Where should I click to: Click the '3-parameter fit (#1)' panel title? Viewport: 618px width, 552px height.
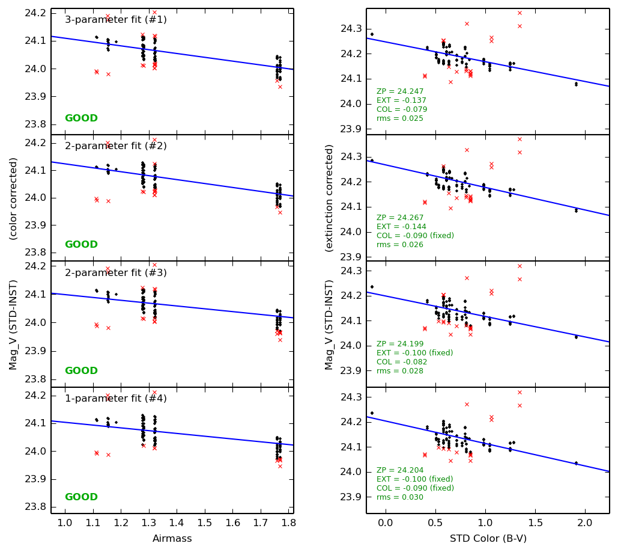pos(116,20)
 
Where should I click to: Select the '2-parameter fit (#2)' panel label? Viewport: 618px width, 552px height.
pos(116,146)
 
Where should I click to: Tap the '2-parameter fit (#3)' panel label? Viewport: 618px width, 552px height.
pos(116,273)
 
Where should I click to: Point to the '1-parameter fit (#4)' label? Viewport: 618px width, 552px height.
pos(116,399)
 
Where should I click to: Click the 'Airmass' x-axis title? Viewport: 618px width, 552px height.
pos(172,539)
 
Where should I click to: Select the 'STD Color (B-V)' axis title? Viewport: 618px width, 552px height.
pos(488,539)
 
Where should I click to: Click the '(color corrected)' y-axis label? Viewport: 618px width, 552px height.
pos(14,198)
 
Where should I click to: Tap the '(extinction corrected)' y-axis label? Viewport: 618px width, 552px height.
pos(329,198)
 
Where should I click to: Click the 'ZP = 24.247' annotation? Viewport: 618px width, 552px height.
pos(400,92)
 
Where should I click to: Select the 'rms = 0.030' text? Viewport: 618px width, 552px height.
pos(400,497)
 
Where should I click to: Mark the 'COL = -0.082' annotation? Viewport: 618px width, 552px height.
pos(402,362)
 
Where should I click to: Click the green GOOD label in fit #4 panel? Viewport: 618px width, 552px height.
pos(81,497)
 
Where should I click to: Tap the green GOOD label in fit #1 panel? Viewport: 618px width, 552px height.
pos(81,118)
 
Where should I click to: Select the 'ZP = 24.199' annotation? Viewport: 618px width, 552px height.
pos(400,344)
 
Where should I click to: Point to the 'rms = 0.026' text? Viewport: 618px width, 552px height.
pos(400,245)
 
